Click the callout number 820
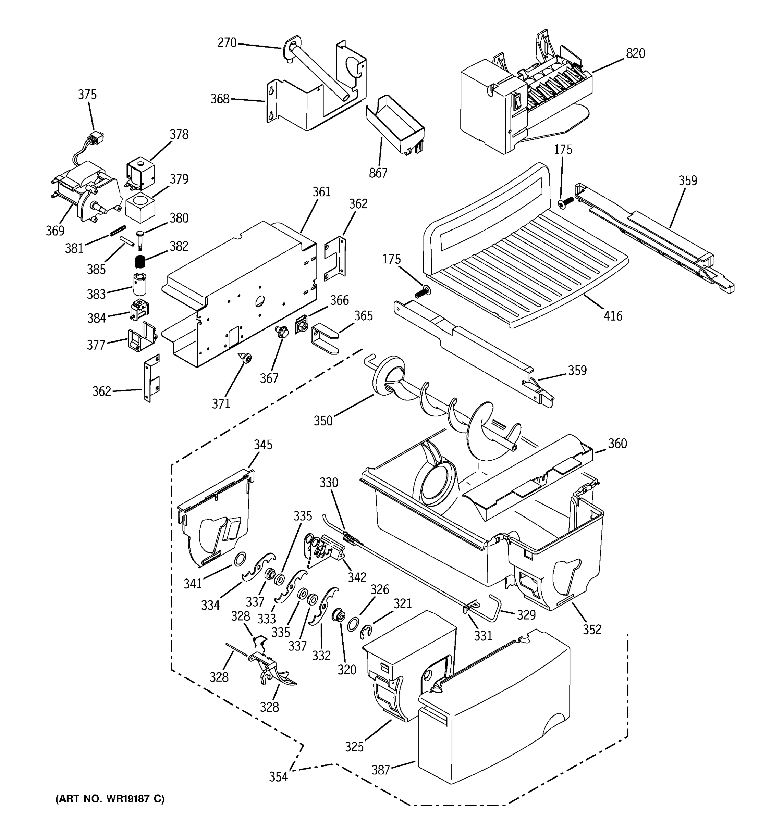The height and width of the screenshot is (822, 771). click(x=635, y=53)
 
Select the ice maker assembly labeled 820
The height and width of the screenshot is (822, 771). click(x=525, y=103)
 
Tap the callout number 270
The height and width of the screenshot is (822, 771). click(x=227, y=42)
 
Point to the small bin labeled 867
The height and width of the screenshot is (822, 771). click(x=395, y=124)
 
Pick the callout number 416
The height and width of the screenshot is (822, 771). click(x=613, y=316)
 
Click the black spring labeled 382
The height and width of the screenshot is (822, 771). click(x=140, y=261)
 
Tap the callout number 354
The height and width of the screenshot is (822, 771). click(x=278, y=777)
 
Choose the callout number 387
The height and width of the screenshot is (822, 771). click(x=381, y=770)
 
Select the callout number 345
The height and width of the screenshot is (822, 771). click(x=263, y=445)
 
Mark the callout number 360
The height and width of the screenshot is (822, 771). click(x=617, y=443)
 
